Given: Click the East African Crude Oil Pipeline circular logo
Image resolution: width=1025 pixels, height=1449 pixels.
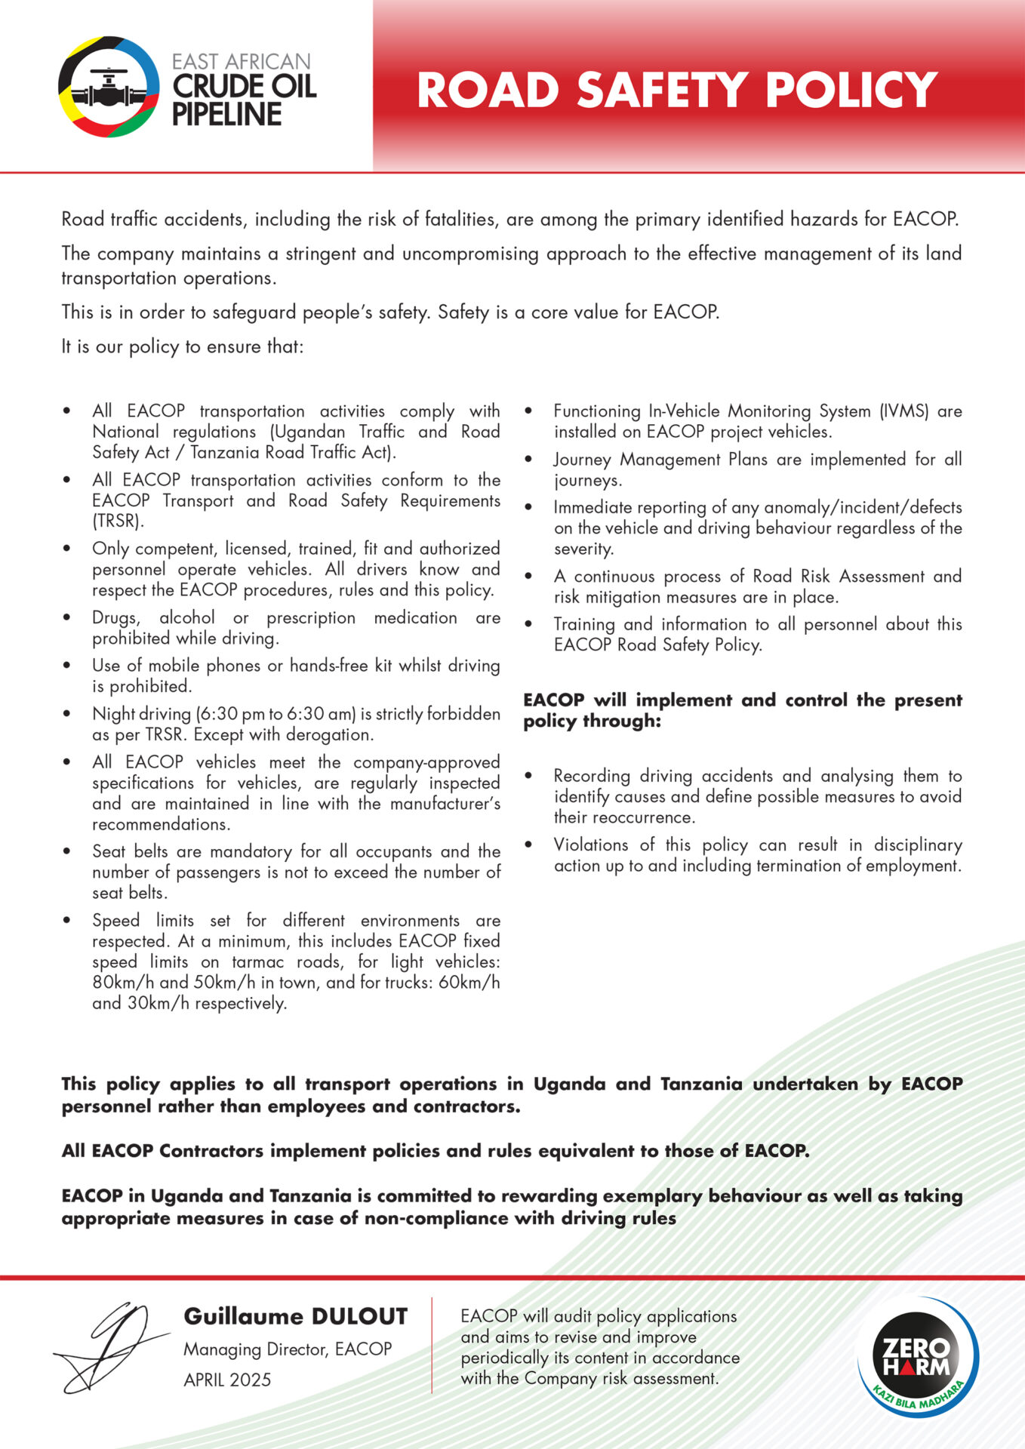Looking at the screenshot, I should pyautogui.click(x=109, y=87).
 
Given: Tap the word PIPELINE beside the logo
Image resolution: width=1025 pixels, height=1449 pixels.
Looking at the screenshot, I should pyautogui.click(x=226, y=115).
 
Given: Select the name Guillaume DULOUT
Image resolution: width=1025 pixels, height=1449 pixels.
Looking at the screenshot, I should pyautogui.click(x=295, y=1317).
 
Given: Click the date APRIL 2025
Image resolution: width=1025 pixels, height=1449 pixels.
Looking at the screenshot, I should pyautogui.click(x=227, y=1380).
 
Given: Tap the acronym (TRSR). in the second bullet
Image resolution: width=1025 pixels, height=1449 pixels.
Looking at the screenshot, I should pyautogui.click(x=118, y=521).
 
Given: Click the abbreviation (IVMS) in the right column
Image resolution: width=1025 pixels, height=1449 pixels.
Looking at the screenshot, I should pyautogui.click(x=903, y=411).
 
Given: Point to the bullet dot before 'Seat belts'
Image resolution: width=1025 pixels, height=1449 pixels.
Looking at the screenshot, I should pyautogui.click(x=68, y=852).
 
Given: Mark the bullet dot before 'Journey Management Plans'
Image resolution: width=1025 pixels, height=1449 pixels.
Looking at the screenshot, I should pyautogui.click(x=528, y=460).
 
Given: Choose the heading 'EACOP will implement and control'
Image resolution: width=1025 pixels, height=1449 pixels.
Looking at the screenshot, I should pyautogui.click(x=742, y=709).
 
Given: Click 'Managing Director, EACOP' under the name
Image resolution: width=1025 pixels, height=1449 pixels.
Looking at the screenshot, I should pyautogui.click(x=288, y=1349).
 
